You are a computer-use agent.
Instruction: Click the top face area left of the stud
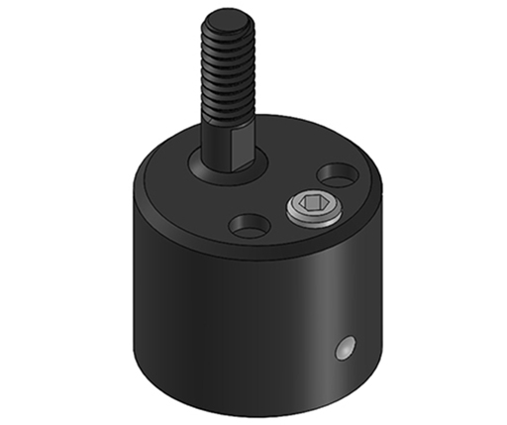168,183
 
